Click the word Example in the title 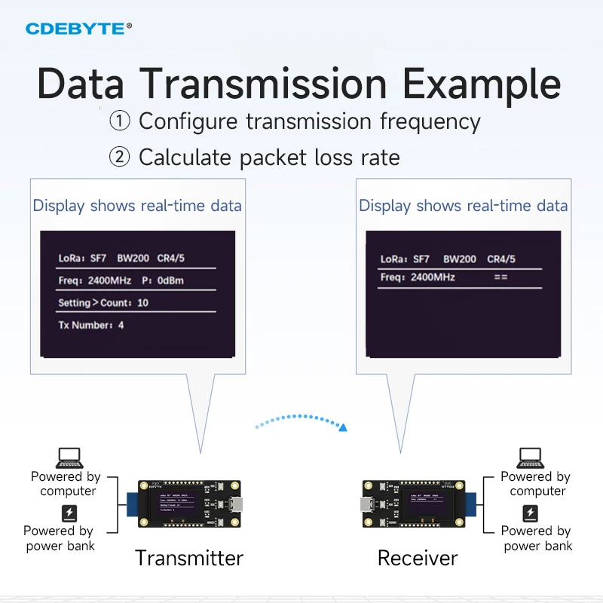coord(482,84)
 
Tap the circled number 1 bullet coord(119,121)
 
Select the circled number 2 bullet coord(119,158)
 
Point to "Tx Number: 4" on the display coord(91,326)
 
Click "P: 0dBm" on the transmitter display coord(162,281)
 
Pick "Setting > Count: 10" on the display coord(103,303)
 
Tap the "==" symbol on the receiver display coord(500,277)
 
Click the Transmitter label coord(189,558)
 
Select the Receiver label coord(418,558)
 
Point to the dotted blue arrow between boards coord(301,421)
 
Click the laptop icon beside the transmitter coord(69,458)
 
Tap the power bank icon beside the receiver coord(531,513)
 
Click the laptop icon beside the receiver coord(530,458)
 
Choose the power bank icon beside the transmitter coord(69,513)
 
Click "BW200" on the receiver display coord(460,259)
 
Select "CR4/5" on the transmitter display coord(171,259)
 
